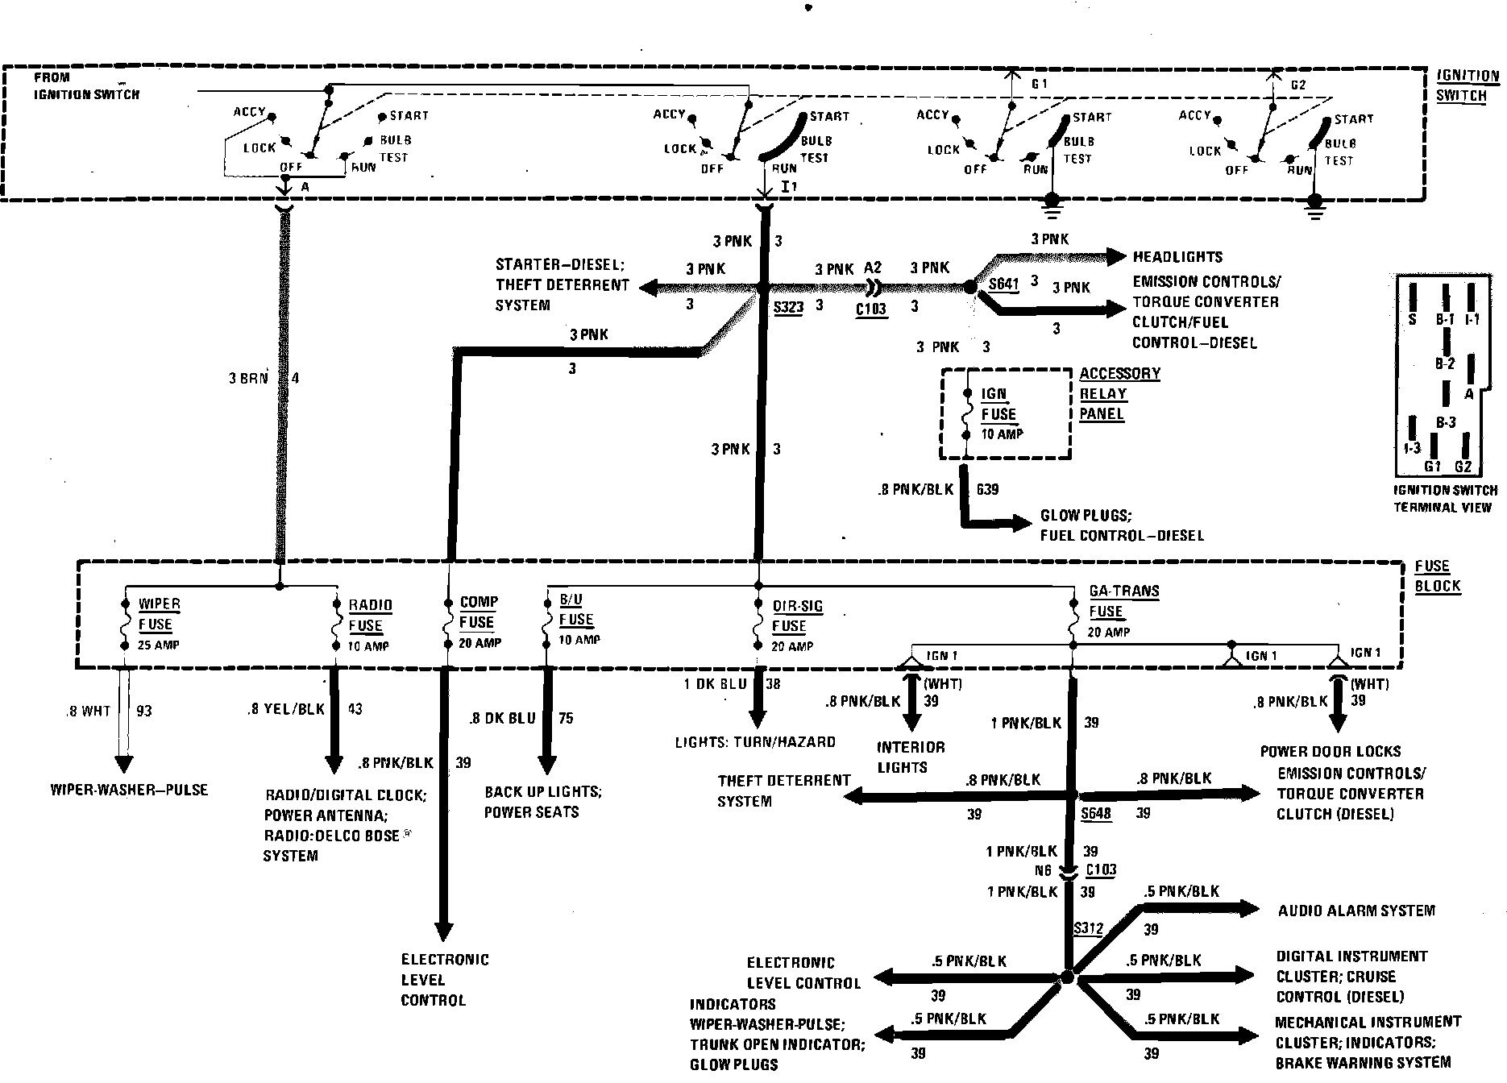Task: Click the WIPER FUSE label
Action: click(159, 614)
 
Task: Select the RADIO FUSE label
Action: click(369, 616)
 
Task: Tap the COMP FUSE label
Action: click(478, 612)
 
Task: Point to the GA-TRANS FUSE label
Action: click(1123, 601)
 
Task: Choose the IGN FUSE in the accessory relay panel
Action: click(998, 405)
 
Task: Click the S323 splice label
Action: click(787, 307)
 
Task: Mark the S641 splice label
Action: click(1003, 284)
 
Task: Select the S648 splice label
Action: click(1095, 813)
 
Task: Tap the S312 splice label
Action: click(1088, 928)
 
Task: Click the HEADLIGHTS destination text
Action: click(1177, 257)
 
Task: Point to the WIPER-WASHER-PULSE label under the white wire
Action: click(129, 790)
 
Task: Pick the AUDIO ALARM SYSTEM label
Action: click(1356, 911)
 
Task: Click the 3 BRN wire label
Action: click(247, 378)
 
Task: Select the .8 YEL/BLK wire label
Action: click(286, 709)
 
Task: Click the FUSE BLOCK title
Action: click(1437, 576)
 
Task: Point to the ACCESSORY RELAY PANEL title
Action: click(1119, 393)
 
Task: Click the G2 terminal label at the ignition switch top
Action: click(1297, 84)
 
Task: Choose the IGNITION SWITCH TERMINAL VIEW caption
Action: click(1446, 498)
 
